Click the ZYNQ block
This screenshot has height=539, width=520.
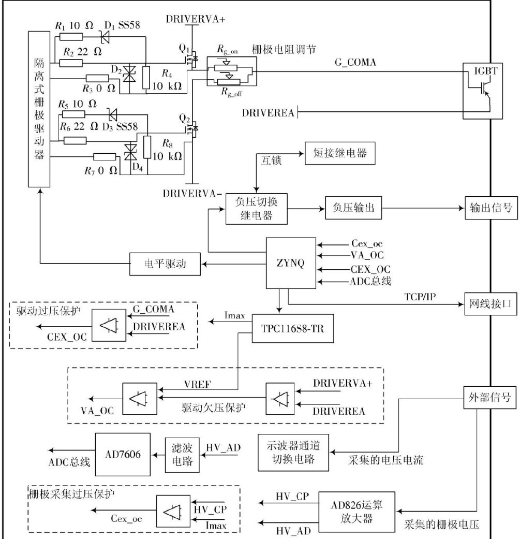click(x=290, y=263)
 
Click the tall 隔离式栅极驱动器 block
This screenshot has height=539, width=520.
click(x=39, y=109)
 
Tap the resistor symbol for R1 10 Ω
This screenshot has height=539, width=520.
click(x=71, y=36)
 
